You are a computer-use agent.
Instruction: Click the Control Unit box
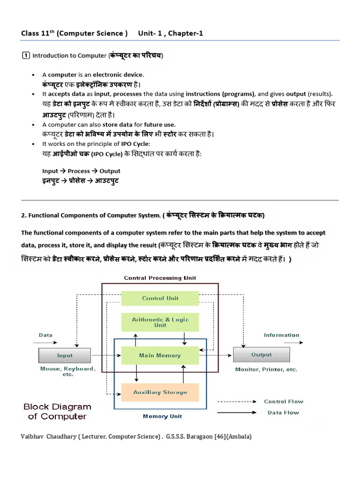click(160, 298)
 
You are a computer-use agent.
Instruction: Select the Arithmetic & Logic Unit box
click(160, 322)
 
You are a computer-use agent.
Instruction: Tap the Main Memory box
click(160, 355)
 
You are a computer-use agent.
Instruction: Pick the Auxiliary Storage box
click(160, 392)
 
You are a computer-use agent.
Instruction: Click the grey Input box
click(65, 355)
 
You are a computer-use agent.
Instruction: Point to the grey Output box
click(261, 355)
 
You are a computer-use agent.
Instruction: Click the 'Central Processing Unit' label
click(160, 278)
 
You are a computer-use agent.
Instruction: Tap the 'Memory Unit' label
click(162, 416)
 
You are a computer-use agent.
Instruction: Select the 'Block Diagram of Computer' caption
click(57, 412)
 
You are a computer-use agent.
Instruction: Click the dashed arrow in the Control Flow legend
click(237, 402)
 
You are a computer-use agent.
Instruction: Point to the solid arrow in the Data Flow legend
click(237, 413)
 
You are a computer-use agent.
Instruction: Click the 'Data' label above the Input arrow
click(45, 335)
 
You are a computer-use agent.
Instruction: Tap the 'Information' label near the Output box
click(281, 335)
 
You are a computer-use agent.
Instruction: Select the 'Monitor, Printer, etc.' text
click(266, 369)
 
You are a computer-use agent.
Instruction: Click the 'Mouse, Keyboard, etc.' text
click(67, 372)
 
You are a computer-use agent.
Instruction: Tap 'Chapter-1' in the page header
click(186, 33)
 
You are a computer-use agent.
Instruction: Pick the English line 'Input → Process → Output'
click(81, 171)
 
